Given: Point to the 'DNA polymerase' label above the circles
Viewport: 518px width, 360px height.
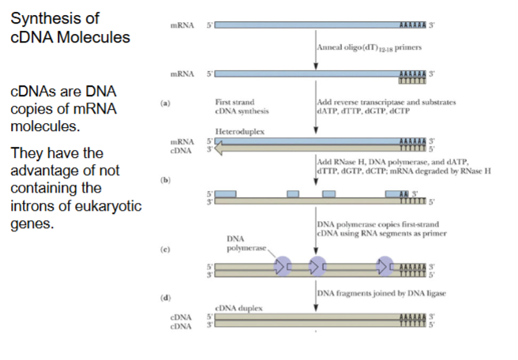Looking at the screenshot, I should (x=239, y=242).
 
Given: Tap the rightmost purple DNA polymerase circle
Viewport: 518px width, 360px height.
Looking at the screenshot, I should (x=386, y=266).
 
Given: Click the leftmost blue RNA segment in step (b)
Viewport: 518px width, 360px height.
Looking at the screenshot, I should (x=226, y=193).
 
